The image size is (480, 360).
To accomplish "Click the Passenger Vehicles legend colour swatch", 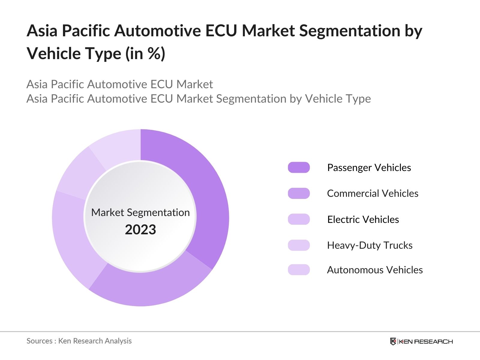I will click(298, 167).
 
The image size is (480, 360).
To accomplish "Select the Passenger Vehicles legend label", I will click(369, 167).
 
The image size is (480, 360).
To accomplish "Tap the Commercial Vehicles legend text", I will click(372, 193).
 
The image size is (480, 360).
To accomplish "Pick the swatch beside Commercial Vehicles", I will click(298, 193).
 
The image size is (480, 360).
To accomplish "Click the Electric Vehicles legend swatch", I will click(298, 219).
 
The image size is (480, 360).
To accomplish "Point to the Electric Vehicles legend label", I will click(363, 219).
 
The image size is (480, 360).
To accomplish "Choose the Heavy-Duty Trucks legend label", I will click(370, 245).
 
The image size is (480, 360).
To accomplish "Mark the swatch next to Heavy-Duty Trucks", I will click(298, 245).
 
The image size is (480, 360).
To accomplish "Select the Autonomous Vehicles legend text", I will click(375, 270).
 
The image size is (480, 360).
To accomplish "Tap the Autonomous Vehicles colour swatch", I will click(298, 270).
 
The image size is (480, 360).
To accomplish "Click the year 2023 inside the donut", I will click(140, 230).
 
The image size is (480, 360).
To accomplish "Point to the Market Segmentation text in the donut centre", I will click(140, 212).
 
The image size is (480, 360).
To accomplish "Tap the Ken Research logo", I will click(421, 341).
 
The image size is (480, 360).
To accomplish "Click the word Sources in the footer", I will click(39, 341).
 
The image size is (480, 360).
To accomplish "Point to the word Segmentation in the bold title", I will click(349, 31).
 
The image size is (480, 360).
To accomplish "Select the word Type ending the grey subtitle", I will click(358, 99).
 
